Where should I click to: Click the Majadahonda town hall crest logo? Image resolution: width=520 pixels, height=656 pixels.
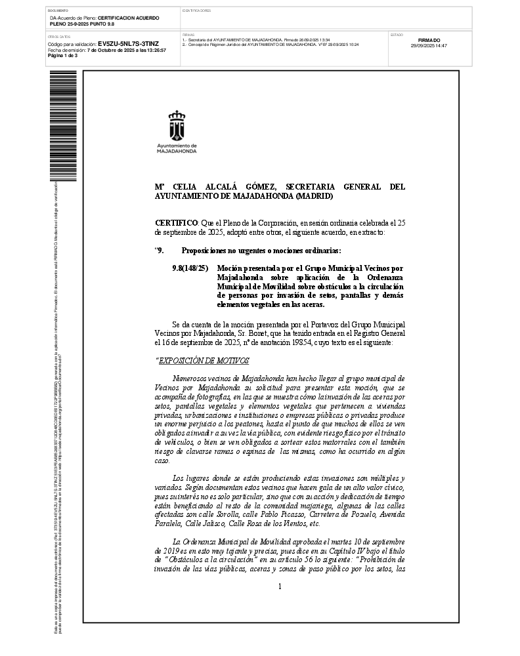177,125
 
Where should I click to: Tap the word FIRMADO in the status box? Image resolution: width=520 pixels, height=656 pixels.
429,40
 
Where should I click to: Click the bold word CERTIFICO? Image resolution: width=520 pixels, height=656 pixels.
175,223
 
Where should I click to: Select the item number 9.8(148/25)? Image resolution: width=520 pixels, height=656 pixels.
190,268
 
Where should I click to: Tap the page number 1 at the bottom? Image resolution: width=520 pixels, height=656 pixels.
280,586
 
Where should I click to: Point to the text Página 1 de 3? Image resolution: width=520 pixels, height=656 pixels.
63,55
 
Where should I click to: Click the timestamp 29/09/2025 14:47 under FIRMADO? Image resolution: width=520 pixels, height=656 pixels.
429,46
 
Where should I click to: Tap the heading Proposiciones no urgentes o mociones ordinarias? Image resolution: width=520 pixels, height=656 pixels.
261,251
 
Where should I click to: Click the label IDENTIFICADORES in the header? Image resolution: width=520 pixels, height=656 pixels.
196,11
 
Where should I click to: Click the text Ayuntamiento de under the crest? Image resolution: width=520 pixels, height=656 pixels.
177,145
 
